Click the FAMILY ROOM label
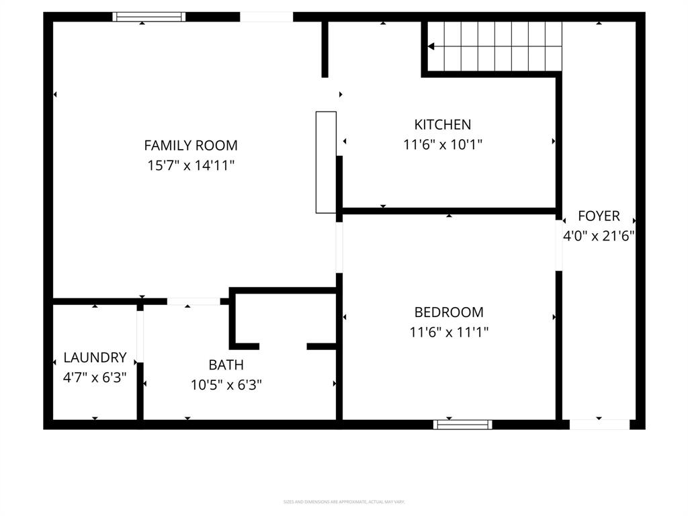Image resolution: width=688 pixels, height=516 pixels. [x=191, y=145]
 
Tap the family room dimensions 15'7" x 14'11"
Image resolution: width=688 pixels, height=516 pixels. [x=191, y=165]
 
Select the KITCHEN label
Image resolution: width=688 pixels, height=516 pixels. [x=442, y=124]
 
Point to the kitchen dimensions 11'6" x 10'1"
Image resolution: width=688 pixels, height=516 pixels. [x=442, y=144]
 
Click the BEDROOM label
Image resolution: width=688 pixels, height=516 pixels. [x=449, y=312]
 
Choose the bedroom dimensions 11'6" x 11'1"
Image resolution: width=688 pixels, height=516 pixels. [x=449, y=332]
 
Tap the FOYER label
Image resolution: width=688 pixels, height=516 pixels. [x=599, y=216]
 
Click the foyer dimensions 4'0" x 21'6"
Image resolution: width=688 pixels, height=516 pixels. [x=599, y=236]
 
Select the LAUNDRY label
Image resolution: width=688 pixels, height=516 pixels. [x=95, y=357]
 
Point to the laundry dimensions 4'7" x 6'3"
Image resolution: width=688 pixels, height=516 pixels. [x=95, y=378]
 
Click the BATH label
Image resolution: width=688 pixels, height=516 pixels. [x=226, y=365]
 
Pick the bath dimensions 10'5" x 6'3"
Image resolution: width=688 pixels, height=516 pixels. [x=226, y=385]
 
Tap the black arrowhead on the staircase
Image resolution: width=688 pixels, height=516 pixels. [x=432, y=46]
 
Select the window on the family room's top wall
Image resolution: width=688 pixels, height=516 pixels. [x=148, y=17]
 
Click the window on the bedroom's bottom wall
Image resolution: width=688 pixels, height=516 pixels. [x=462, y=424]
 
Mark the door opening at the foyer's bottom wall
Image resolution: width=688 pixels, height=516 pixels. [x=599, y=424]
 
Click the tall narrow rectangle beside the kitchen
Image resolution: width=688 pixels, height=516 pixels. [x=326, y=163]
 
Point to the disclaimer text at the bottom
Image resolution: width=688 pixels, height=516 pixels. [x=344, y=502]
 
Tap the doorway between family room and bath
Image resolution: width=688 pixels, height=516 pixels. [x=193, y=301]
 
